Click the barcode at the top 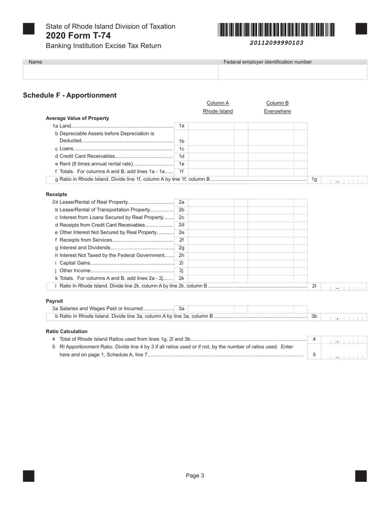[276, 30]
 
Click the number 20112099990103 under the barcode [276, 43]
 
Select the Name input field [120, 72]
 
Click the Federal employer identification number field [292, 72]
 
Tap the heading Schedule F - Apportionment [70, 95]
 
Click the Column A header [218, 103]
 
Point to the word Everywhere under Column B [278, 111]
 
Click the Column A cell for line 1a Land [218, 126]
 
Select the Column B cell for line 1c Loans [278, 149]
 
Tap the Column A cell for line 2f [218, 240]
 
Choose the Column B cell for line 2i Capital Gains [278, 263]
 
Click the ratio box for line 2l [344, 286]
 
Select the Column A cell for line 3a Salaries [218, 309]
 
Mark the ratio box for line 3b [344, 317]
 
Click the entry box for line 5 [344, 355]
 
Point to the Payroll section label [54, 301]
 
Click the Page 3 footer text [195, 475]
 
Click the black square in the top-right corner [361, 29]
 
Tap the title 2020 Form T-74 [78, 36]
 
